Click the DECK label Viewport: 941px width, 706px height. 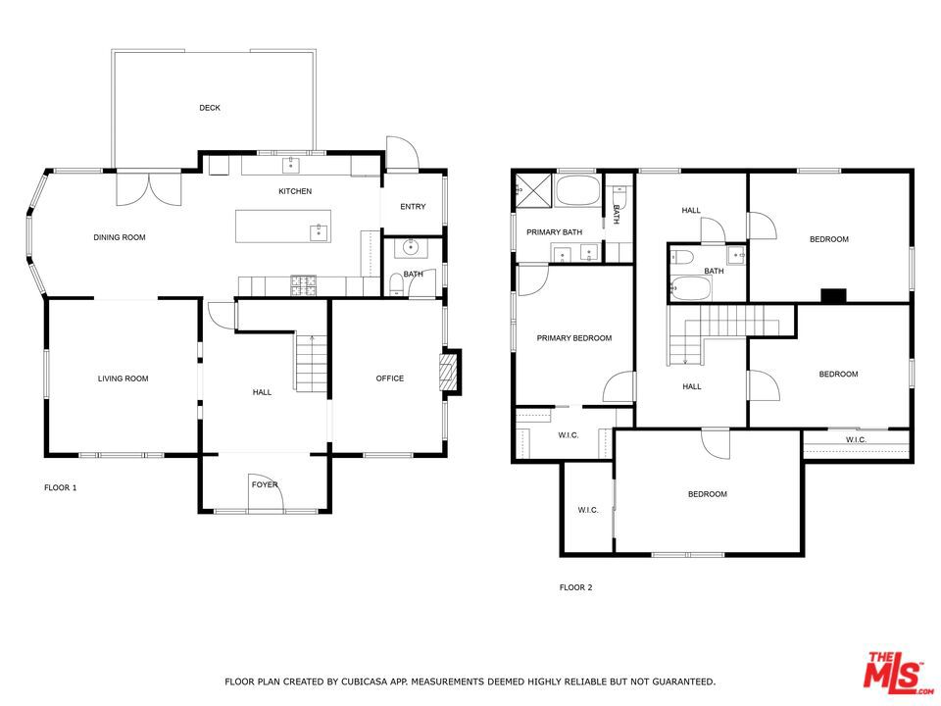(x=210, y=108)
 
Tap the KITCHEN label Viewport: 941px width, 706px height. (x=295, y=191)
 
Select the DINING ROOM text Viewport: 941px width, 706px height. (x=120, y=237)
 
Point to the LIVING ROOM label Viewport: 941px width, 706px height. (x=124, y=378)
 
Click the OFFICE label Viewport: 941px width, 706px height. (x=389, y=378)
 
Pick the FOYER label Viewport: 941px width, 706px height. (x=265, y=485)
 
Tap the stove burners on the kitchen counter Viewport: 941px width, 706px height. (x=303, y=285)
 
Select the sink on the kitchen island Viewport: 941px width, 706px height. (x=320, y=232)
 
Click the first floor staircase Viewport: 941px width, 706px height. (x=312, y=363)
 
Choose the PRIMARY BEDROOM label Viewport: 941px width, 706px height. (x=574, y=338)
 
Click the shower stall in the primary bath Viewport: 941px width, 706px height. (x=533, y=190)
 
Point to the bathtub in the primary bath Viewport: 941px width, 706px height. (x=577, y=191)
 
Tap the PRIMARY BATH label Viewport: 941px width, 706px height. (x=554, y=232)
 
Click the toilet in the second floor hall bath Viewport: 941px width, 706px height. (x=682, y=258)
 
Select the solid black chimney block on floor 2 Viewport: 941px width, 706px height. (x=833, y=295)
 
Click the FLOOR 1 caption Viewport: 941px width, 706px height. (x=61, y=488)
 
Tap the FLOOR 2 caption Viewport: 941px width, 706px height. (x=575, y=587)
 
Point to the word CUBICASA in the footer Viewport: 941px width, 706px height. (x=363, y=682)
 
